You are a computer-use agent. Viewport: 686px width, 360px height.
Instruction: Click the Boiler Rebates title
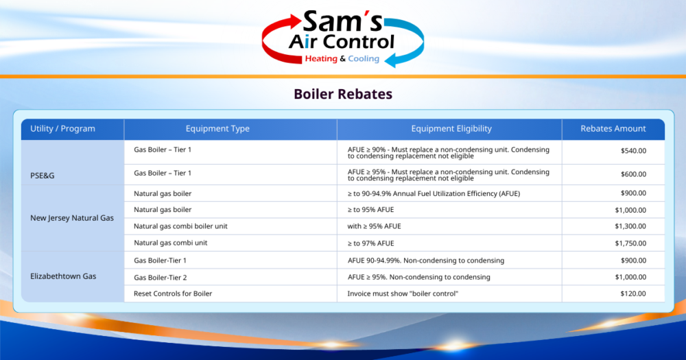(343, 94)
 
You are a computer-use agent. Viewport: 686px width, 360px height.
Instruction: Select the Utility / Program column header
(63, 129)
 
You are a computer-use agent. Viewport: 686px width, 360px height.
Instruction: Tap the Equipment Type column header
(217, 129)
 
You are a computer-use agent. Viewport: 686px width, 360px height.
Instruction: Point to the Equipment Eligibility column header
(451, 129)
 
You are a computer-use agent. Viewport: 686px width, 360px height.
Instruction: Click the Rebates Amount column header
(613, 129)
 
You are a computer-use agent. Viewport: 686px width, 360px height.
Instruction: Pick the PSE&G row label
(43, 176)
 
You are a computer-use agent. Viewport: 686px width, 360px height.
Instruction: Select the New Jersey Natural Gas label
(72, 218)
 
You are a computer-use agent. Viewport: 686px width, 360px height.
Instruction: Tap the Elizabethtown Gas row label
(63, 277)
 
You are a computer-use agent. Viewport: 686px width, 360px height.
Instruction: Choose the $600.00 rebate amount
(632, 174)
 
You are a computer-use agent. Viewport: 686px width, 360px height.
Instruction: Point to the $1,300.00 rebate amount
(630, 226)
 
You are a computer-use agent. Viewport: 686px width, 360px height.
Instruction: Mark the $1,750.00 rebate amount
(630, 243)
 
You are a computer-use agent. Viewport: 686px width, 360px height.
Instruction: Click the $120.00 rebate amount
(632, 294)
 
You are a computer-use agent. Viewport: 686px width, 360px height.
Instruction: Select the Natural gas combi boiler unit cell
(180, 226)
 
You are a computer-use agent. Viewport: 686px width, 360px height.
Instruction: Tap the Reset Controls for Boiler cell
(173, 294)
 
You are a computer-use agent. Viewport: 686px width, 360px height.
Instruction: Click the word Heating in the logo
(320, 59)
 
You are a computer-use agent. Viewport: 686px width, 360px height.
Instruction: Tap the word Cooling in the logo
(364, 59)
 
